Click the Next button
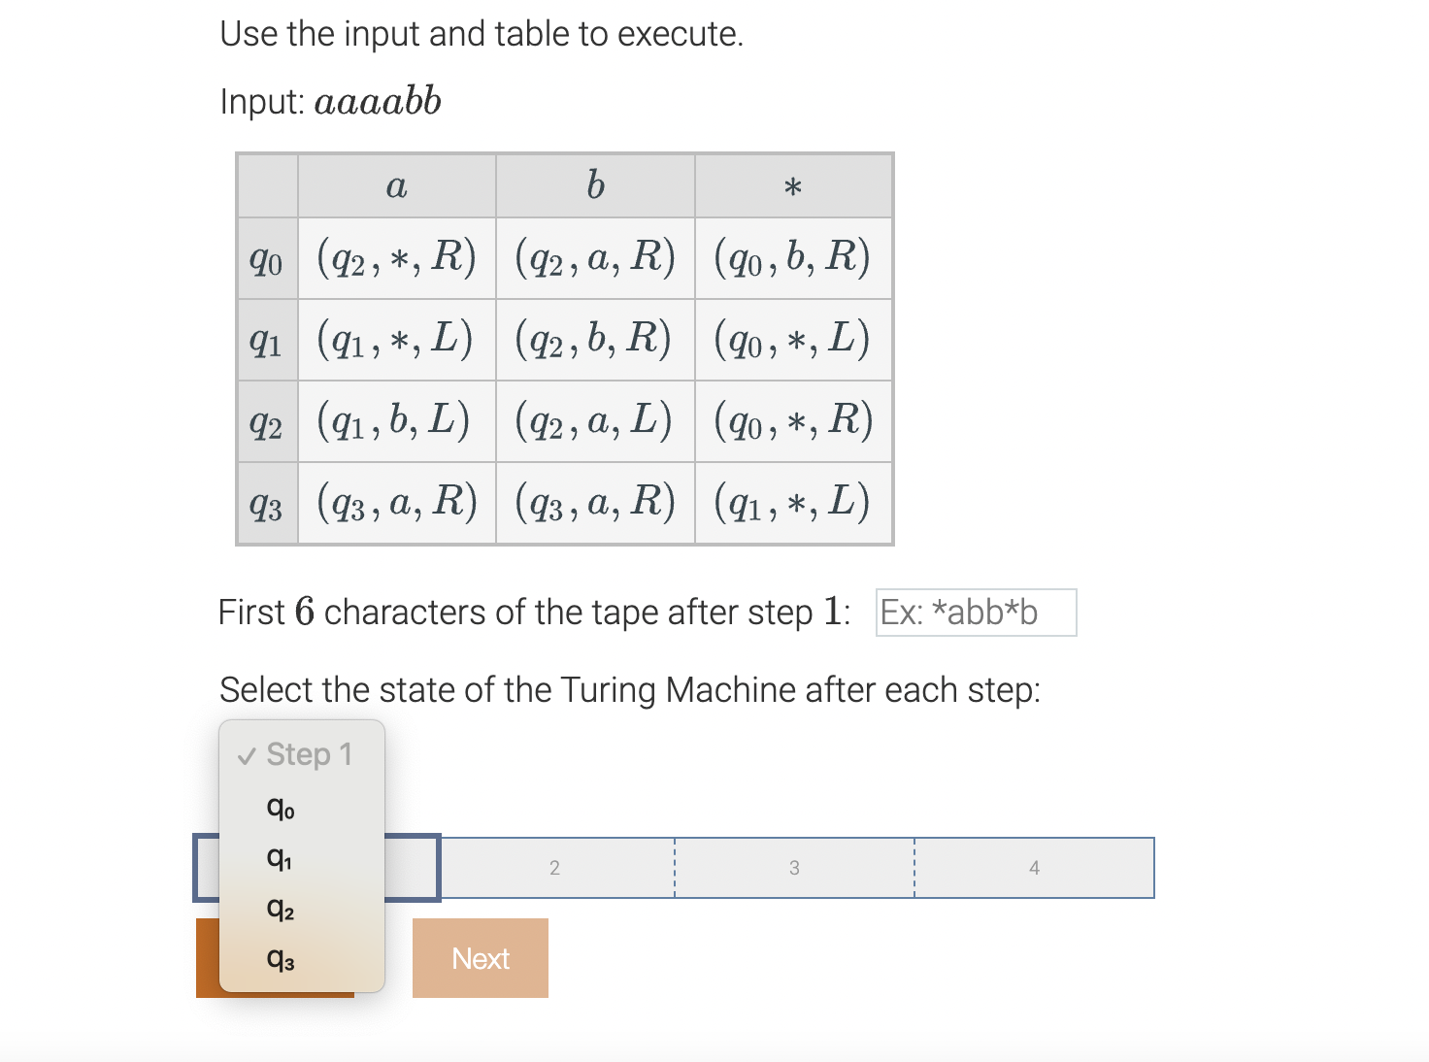(481, 958)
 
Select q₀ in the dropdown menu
(281, 807)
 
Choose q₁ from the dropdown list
(280, 858)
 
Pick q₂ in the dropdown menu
(281, 909)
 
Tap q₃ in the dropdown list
(281, 959)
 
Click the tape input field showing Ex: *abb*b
(976, 613)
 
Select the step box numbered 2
(555, 868)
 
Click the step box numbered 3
(794, 868)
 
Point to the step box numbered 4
(1034, 868)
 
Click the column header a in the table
(396, 185)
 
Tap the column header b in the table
(595, 185)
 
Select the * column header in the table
(793, 185)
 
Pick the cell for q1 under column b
(594, 340)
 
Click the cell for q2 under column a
(395, 421)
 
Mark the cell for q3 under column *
(792, 503)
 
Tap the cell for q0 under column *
(792, 258)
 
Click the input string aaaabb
(378, 101)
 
